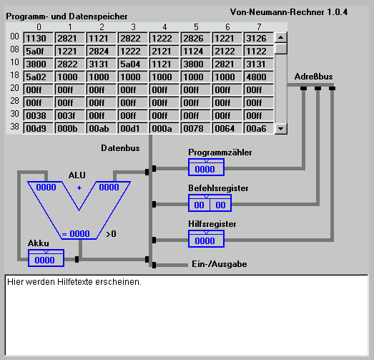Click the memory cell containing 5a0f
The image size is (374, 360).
click(38, 51)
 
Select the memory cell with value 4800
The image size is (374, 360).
click(259, 77)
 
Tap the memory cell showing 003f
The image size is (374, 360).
click(69, 115)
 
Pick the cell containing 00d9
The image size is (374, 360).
click(38, 128)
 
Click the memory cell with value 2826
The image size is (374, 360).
click(196, 38)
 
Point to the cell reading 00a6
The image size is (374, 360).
click(259, 128)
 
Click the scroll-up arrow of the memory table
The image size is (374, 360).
click(281, 37)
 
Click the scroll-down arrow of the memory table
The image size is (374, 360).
click(281, 129)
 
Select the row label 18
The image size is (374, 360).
click(14, 75)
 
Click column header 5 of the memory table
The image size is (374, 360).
click(196, 27)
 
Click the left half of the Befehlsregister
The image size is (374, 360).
click(200, 205)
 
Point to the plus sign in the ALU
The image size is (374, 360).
click(79, 188)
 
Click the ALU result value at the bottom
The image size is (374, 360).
click(79, 234)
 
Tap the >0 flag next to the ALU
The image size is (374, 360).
click(111, 234)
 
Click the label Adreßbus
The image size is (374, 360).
click(313, 77)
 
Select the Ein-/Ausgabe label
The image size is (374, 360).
click(220, 264)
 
